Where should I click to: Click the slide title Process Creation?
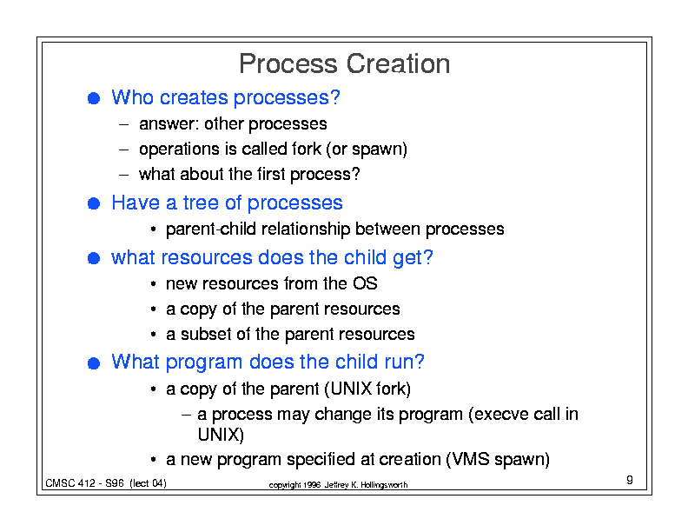345,63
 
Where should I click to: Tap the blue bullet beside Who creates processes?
94,98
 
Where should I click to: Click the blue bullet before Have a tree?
94,203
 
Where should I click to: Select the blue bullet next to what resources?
94,257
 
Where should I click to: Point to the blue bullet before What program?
94,363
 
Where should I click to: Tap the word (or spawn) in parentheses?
367,150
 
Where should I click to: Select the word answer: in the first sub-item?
169,124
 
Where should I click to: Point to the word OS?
365,283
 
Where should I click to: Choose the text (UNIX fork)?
367,389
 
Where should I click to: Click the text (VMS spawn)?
498,460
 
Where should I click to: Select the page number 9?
630,480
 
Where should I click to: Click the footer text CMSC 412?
70,483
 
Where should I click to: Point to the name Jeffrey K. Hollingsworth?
366,485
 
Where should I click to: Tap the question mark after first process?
355,174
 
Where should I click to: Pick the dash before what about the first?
123,175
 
